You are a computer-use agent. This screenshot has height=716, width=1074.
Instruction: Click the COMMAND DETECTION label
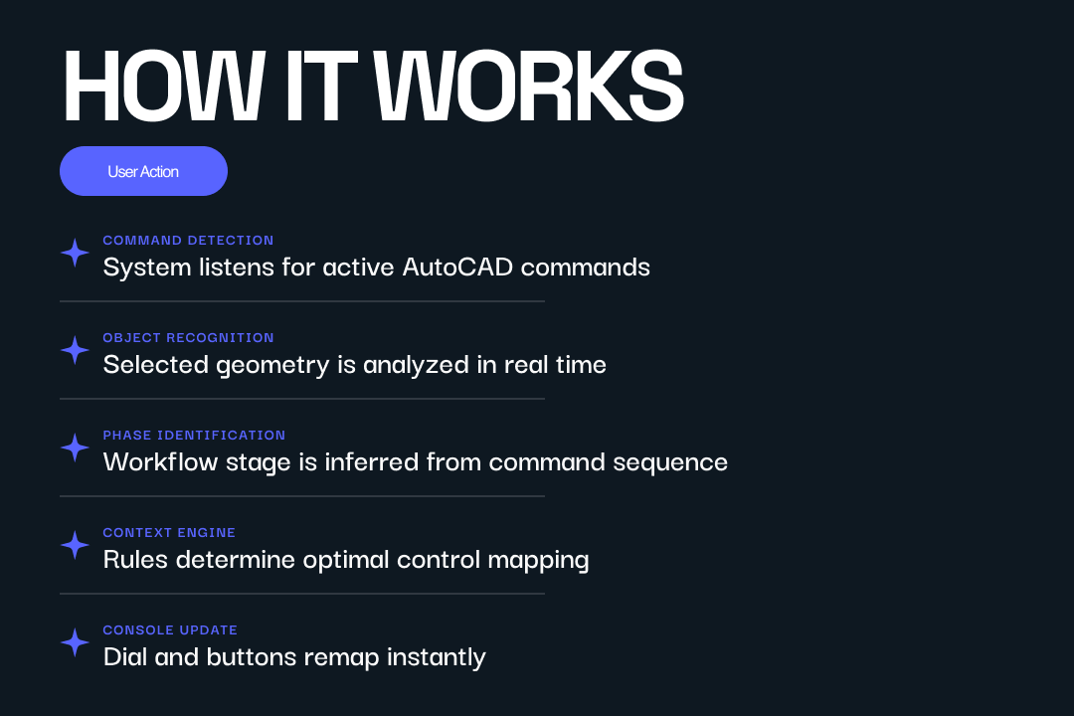coord(188,241)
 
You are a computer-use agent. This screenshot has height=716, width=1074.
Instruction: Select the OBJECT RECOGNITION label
coord(188,338)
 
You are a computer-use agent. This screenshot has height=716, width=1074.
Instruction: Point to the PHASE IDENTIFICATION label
coord(194,436)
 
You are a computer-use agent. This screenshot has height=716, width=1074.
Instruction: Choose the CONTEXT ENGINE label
coord(169,533)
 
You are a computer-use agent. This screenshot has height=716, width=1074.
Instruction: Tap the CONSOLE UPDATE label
coord(170,630)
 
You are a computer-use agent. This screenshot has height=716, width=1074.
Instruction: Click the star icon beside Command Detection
coord(75,254)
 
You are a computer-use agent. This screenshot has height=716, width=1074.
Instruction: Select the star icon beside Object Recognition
coord(75,350)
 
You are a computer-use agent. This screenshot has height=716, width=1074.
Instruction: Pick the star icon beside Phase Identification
coord(75,447)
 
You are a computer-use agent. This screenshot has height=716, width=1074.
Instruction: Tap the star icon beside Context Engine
coord(75,545)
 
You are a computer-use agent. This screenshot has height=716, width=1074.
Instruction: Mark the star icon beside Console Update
coord(75,642)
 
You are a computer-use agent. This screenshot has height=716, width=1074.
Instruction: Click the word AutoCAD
coord(457,268)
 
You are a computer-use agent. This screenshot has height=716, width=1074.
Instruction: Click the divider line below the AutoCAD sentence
coord(302,301)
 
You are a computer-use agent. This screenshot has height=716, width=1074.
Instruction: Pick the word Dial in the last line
coord(125,657)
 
